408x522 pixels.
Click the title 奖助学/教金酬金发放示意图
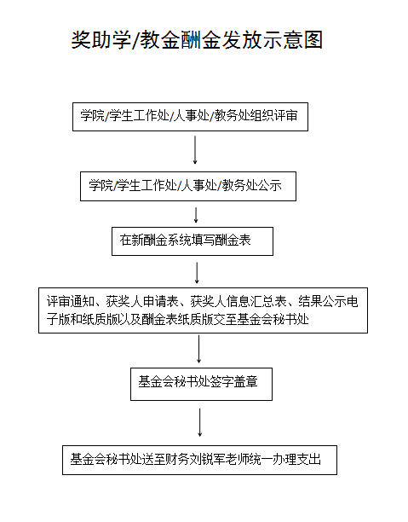pos(197,40)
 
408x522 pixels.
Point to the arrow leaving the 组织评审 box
pos(195,150)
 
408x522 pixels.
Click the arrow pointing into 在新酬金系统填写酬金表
pos(196,215)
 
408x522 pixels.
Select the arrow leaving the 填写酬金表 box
pos(197,273)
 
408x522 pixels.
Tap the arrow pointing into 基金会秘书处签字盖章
pos(198,349)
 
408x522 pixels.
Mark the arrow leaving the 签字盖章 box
pos(200,422)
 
